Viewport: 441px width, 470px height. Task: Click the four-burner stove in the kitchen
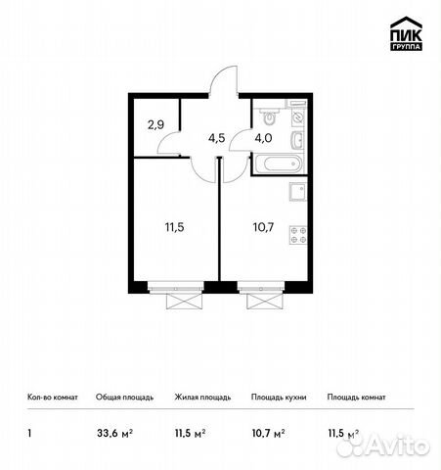click(300, 235)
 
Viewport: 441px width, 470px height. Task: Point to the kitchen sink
click(300, 190)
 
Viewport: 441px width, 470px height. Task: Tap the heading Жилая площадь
click(203, 399)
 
